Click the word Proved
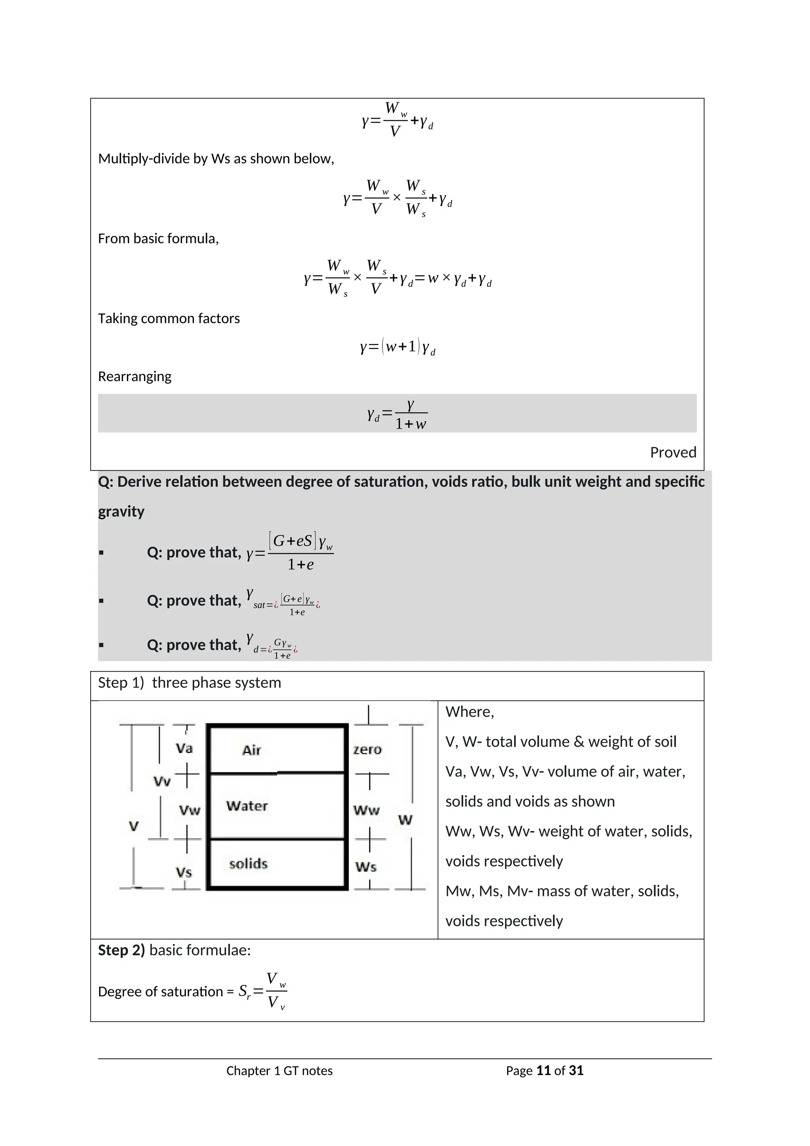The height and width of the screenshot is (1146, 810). point(673,452)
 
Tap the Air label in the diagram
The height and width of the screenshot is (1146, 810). point(252,750)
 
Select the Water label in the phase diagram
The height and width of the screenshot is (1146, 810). point(247,806)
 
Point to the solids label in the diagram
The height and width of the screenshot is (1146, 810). point(248,863)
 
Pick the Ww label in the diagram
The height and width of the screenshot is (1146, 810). point(367,810)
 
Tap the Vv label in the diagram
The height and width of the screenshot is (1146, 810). point(162,781)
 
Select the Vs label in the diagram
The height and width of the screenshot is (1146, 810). point(184,872)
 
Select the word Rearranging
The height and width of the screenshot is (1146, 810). point(134,376)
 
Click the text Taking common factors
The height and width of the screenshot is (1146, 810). point(168,319)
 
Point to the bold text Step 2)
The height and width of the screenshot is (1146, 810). point(121,950)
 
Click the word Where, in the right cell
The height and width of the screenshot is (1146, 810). point(469,712)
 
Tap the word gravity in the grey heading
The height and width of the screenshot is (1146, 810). point(121,512)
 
